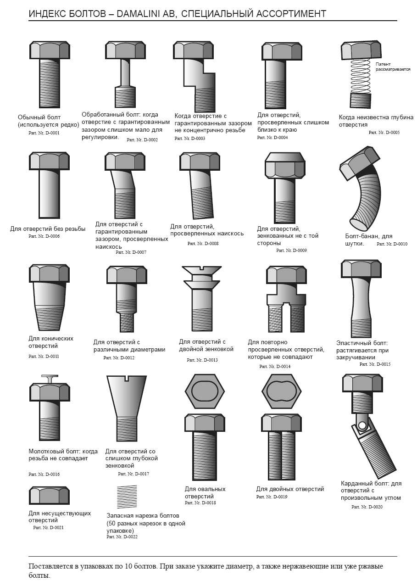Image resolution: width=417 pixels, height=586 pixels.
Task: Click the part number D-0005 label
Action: tap(384, 132)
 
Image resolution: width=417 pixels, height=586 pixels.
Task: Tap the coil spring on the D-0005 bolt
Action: tap(360, 76)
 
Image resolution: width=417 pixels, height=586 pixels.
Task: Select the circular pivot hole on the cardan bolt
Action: tap(362, 425)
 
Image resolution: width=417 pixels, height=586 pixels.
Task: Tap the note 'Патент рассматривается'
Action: tap(393, 67)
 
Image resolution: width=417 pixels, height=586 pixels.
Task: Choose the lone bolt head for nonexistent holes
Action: tap(50, 496)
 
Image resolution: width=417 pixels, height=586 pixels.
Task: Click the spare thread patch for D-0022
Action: tap(127, 497)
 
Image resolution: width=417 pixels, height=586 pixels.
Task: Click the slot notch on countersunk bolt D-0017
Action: tap(127, 378)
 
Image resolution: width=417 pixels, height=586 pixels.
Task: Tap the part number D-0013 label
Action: tap(202, 360)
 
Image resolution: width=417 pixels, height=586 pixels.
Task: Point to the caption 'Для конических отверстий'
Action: tap(51, 342)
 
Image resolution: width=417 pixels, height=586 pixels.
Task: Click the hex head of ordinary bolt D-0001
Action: tap(50, 50)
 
